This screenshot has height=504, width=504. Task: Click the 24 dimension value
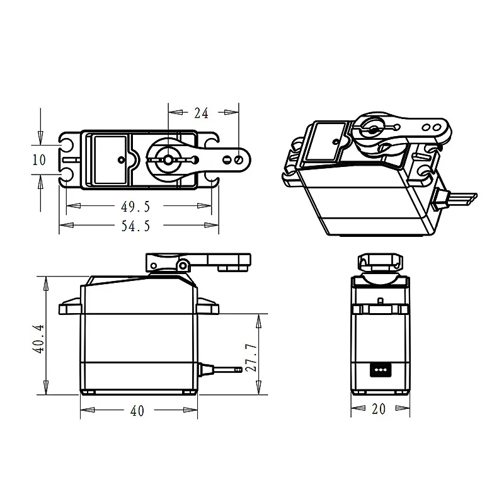coord(202,113)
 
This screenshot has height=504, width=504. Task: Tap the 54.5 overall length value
coord(136,226)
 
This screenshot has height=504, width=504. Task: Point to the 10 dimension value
coord(39,160)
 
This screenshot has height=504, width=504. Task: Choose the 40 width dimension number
coord(137,411)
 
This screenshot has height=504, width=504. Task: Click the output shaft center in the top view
coord(168,160)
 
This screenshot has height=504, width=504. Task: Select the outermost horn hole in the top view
coord(238,160)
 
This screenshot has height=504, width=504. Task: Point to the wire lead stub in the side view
coord(220,369)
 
